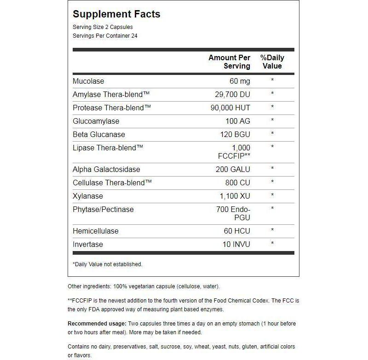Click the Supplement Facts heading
116,14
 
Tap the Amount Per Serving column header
229,62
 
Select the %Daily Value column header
272,62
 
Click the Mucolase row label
88,81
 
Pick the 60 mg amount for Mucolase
240,81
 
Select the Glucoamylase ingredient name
96,121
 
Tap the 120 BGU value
235,134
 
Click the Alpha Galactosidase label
106,169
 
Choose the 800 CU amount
237,183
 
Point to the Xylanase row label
88,196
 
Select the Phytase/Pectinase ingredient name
103,209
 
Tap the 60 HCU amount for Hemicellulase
236,231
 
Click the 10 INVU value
236,244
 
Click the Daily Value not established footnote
108,264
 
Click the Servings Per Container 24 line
105,36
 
